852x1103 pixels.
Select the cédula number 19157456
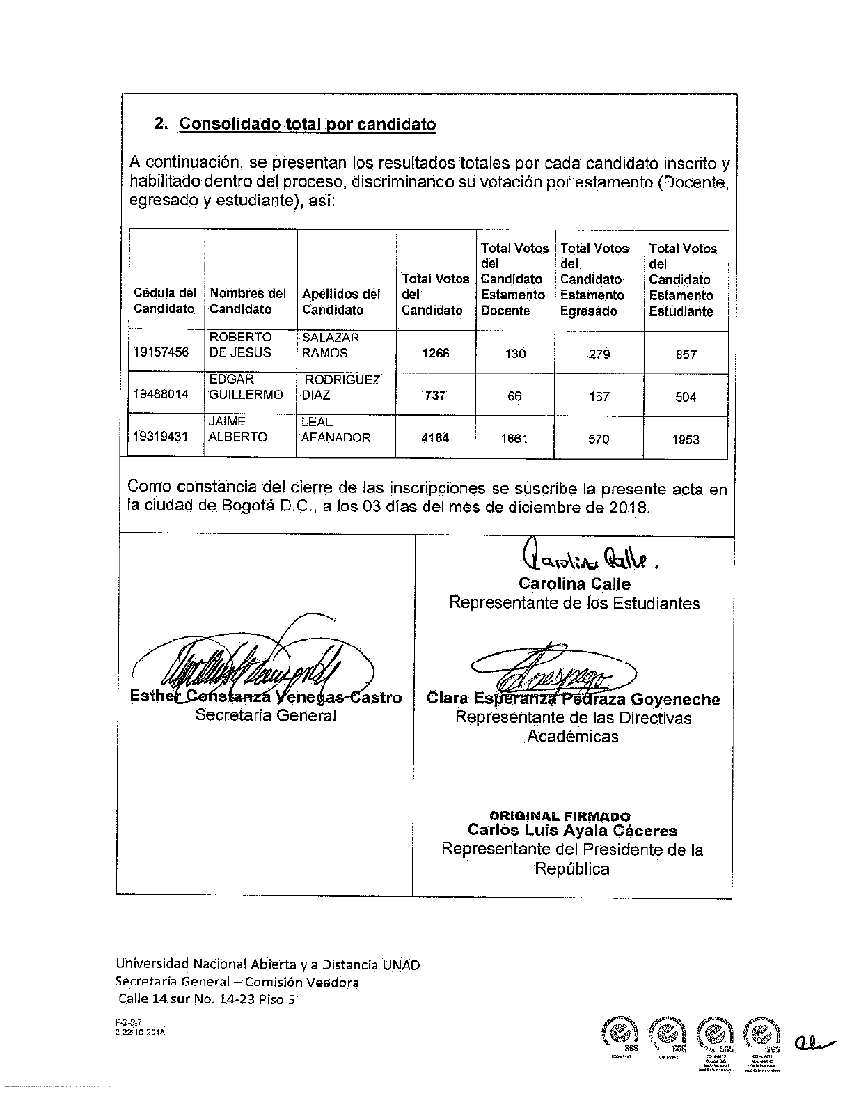click(x=161, y=352)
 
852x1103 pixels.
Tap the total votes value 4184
click(x=435, y=438)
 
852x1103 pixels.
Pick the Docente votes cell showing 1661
click(x=514, y=439)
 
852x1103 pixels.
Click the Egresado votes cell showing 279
click(x=599, y=354)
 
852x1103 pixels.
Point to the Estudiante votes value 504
click(x=686, y=397)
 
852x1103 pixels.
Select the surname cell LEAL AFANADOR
click(x=336, y=430)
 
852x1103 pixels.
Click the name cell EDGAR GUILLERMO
click(x=246, y=387)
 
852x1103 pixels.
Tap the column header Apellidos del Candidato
click(x=341, y=302)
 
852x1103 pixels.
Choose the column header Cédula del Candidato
click(x=165, y=301)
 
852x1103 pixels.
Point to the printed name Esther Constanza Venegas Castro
click(x=266, y=698)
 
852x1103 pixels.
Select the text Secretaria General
click(x=266, y=715)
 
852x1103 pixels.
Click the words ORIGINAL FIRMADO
click(x=560, y=816)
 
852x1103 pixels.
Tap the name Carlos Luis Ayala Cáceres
click(x=572, y=830)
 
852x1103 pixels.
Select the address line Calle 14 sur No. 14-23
click(x=206, y=999)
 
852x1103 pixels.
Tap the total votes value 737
click(x=435, y=396)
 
